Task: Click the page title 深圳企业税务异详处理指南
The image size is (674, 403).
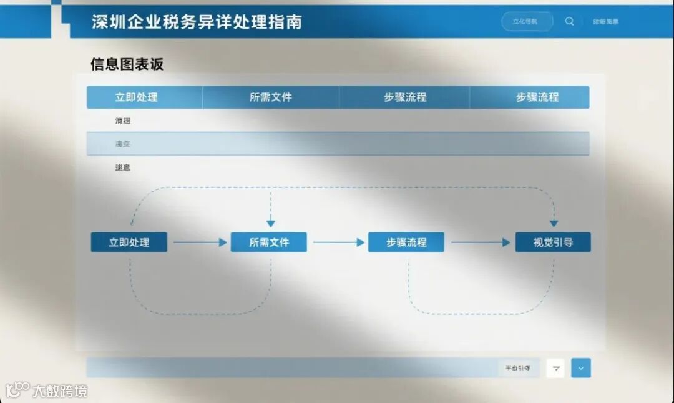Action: click(197, 22)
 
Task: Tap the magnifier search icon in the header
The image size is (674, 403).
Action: click(569, 21)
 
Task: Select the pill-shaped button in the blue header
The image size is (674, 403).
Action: click(527, 21)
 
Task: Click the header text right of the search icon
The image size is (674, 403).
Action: click(605, 22)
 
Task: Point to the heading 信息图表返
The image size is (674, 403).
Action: click(127, 64)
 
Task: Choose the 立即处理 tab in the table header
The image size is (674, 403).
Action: click(136, 97)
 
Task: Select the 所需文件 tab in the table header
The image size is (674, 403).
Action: click(270, 97)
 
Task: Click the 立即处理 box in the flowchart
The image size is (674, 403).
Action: click(129, 242)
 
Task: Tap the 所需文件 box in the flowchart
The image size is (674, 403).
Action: click(269, 242)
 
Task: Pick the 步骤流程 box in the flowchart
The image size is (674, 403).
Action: click(406, 242)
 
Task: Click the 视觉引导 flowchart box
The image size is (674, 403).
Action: click(553, 242)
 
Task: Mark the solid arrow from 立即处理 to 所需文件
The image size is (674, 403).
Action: click(200, 242)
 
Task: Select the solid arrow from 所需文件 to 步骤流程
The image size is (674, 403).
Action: click(338, 242)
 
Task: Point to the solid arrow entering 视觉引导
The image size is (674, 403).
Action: click(481, 242)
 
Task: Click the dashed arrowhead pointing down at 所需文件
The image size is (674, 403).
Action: click(270, 223)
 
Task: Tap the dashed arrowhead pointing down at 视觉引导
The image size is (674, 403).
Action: click(554, 223)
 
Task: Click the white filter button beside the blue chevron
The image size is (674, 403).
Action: click(556, 369)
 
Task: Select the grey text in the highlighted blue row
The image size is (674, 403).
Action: click(122, 144)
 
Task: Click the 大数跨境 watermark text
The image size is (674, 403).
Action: click(60, 391)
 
